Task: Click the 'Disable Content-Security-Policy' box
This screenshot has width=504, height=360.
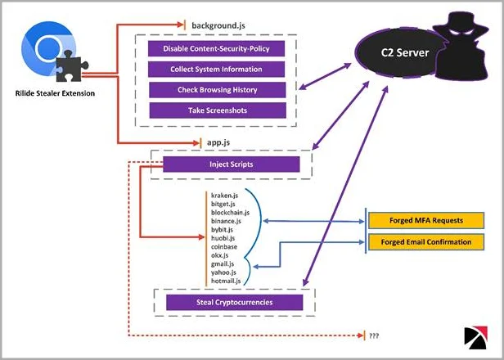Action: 217,49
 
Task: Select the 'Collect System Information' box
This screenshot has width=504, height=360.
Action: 217,70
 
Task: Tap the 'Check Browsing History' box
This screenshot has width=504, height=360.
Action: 217,89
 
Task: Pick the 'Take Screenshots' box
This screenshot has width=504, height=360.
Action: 217,110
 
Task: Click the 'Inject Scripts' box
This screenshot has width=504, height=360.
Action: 232,165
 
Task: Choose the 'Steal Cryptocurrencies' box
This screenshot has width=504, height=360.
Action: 235,303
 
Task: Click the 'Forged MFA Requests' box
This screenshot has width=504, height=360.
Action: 421,221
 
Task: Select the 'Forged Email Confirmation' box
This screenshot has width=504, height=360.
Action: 421,241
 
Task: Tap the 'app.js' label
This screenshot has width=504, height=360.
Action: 218,142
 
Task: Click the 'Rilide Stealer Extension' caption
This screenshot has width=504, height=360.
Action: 54,93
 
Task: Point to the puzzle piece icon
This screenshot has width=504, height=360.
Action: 74,68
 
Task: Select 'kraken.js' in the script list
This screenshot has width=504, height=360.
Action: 224,196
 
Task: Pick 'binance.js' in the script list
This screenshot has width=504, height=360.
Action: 226,221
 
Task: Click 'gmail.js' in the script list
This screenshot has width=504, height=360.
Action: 223,263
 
